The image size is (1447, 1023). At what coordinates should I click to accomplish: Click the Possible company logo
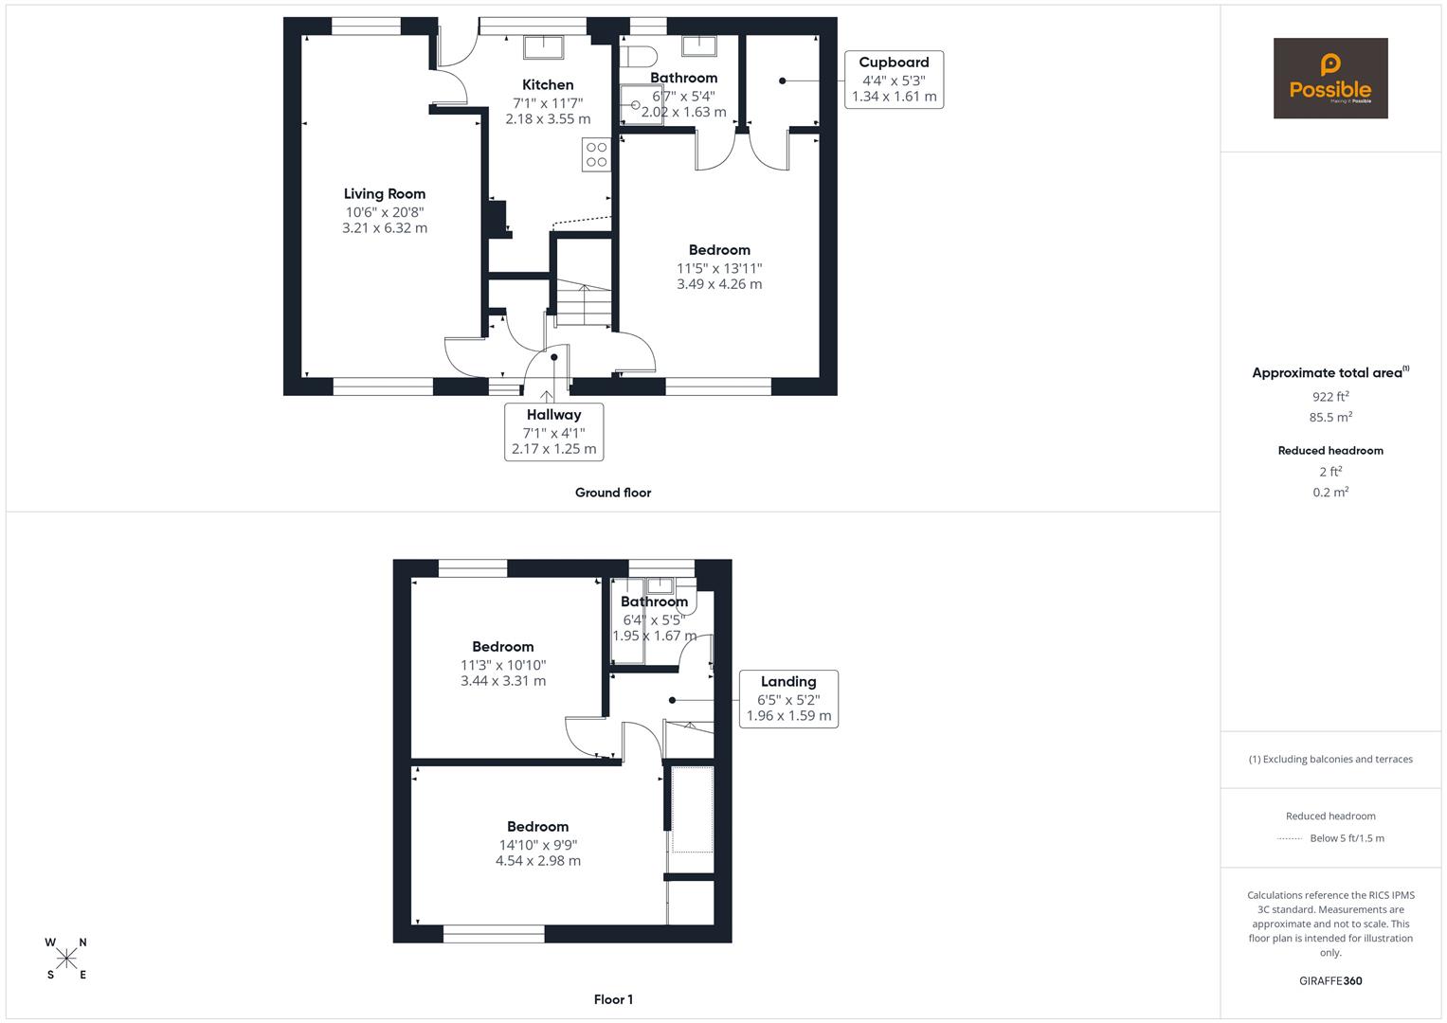[x=1330, y=79]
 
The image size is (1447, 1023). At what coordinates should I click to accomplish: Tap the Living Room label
[x=385, y=194]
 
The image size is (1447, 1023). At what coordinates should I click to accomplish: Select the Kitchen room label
[x=548, y=85]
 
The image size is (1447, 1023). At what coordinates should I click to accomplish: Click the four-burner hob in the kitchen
[x=596, y=154]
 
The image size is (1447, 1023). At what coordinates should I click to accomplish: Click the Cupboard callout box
[x=894, y=80]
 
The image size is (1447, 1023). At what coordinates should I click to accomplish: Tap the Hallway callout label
[x=553, y=432]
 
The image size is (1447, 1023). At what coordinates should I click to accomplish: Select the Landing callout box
[x=788, y=699]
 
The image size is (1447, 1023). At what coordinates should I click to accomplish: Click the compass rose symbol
[x=66, y=959]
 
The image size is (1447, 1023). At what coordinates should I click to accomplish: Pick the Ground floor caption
[x=613, y=493]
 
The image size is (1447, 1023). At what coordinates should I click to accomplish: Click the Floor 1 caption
[x=613, y=999]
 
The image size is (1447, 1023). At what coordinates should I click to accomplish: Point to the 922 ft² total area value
[x=1330, y=397]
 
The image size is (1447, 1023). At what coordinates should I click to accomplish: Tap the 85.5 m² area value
[x=1330, y=417]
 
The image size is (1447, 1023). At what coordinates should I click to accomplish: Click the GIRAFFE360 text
[x=1330, y=981]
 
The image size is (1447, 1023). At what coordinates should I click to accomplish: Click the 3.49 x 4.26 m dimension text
[x=719, y=284]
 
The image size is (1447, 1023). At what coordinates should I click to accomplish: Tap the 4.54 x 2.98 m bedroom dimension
[x=538, y=861]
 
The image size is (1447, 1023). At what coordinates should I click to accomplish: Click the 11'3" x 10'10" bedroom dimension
[x=503, y=665]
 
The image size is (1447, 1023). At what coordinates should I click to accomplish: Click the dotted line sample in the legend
[x=1290, y=838]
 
